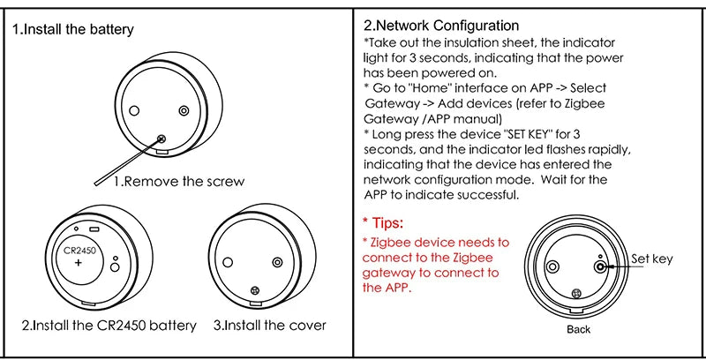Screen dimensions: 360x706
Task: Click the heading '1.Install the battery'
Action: click(x=73, y=30)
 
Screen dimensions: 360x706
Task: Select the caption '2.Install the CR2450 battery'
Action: click(x=109, y=326)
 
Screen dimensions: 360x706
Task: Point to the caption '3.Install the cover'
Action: click(x=270, y=326)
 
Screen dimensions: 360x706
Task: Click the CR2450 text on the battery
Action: click(x=79, y=251)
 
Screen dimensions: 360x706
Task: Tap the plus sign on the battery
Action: click(x=79, y=264)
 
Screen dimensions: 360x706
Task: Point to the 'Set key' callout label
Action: click(x=652, y=259)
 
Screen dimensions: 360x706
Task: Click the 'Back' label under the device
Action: click(x=578, y=330)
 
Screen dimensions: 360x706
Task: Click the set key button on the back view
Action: click(x=600, y=265)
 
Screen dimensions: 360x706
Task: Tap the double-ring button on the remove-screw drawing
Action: click(x=184, y=110)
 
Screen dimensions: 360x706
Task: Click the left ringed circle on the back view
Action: click(x=553, y=266)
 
